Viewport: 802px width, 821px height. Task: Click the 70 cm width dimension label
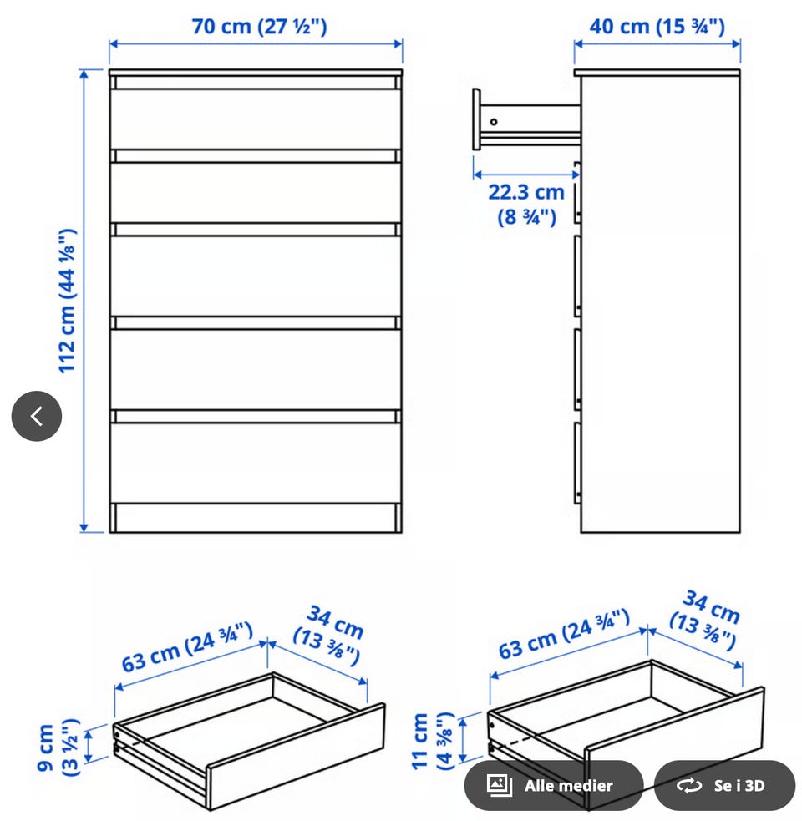[x=259, y=26]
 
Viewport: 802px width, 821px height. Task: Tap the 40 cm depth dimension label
[x=657, y=26]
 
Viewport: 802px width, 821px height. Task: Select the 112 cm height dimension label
[x=68, y=301]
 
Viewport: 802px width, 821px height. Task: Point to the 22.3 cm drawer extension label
[x=526, y=204]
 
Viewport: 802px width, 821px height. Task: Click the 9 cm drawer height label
[x=58, y=748]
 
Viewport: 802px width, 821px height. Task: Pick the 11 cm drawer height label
[x=433, y=741]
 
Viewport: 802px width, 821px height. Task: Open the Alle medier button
[x=554, y=785]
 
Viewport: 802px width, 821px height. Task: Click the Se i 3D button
[x=724, y=785]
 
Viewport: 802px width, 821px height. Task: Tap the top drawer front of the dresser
[x=256, y=119]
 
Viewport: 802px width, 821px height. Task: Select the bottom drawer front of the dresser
[x=256, y=463]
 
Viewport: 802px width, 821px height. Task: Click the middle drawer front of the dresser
[x=256, y=276]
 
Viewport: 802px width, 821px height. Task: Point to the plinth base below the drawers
[x=256, y=519]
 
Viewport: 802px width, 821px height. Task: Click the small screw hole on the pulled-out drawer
[x=494, y=122]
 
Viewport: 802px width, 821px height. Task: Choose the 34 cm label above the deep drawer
[x=705, y=620]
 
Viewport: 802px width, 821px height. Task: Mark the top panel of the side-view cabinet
[x=657, y=73]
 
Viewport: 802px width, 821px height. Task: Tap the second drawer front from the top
[x=256, y=193]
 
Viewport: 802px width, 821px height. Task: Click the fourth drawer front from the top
[x=256, y=369]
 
